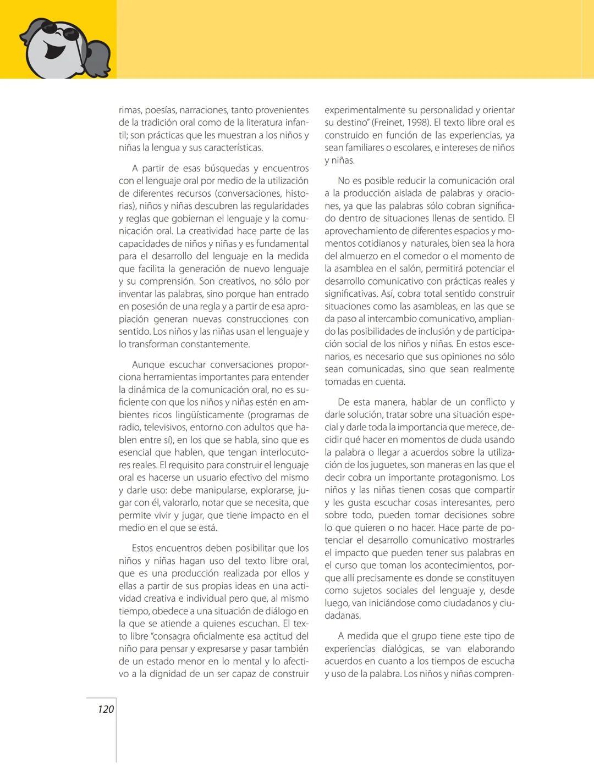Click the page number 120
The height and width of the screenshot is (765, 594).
[x=106, y=709]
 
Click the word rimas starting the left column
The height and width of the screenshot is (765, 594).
[x=129, y=110]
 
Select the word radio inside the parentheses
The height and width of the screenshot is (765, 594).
[x=130, y=427]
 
